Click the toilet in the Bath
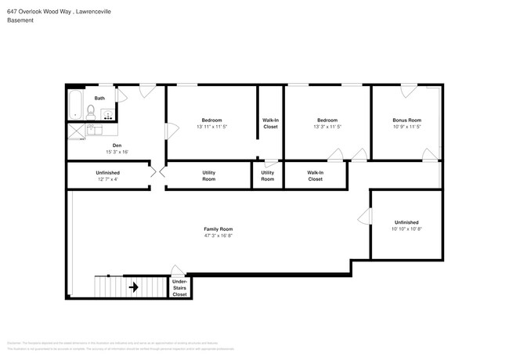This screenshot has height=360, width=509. coord(91,111)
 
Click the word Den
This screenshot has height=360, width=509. coord(117,145)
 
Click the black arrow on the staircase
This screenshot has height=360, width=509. coord(133,287)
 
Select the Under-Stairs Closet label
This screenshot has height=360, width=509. coord(179,287)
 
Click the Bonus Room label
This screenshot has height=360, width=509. coord(406,120)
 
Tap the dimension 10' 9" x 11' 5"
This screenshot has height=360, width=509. coord(406,126)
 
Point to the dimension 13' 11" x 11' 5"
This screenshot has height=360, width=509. coord(211,126)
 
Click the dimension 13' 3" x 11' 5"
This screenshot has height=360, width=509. coord(327,126)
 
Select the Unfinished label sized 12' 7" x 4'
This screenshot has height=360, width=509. coord(107,173)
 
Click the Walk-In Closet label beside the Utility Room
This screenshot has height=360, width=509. coord(315,175)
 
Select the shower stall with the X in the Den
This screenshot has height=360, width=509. coord(75,131)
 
